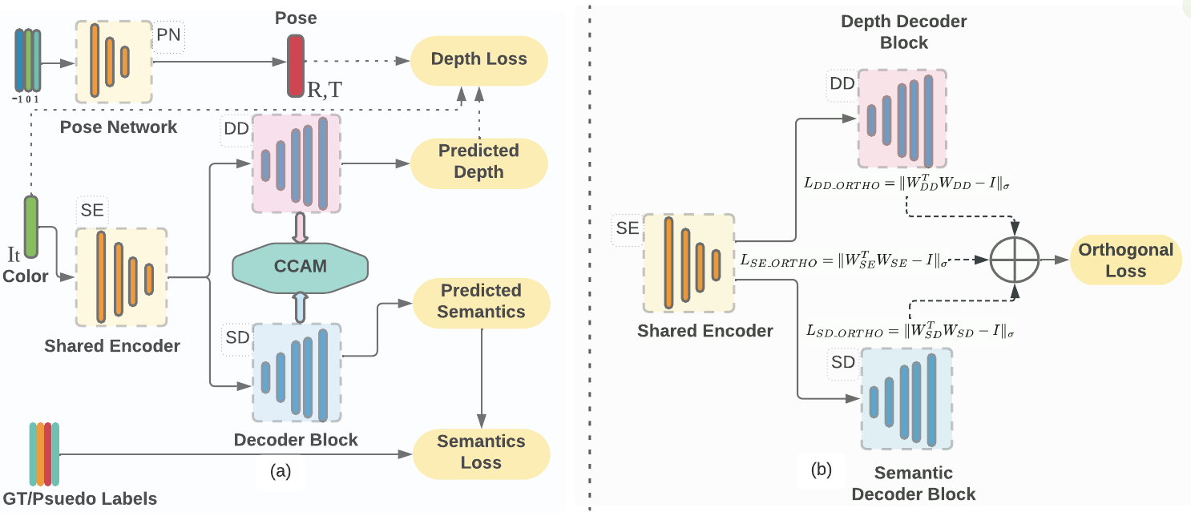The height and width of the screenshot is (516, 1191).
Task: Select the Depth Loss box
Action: point(478,59)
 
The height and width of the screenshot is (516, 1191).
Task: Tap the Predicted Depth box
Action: point(478,161)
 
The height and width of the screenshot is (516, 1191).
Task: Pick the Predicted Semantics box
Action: point(481,301)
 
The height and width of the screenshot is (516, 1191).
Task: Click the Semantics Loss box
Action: point(481,452)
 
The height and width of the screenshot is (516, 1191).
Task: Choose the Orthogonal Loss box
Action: point(1125,260)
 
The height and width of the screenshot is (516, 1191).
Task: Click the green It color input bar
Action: point(31,227)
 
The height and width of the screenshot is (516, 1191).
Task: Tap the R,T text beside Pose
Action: point(324,90)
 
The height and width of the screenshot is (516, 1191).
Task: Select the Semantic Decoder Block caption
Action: point(913,483)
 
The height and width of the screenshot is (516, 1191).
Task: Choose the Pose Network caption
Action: point(119,127)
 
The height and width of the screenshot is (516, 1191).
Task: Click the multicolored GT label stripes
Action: point(45,454)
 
